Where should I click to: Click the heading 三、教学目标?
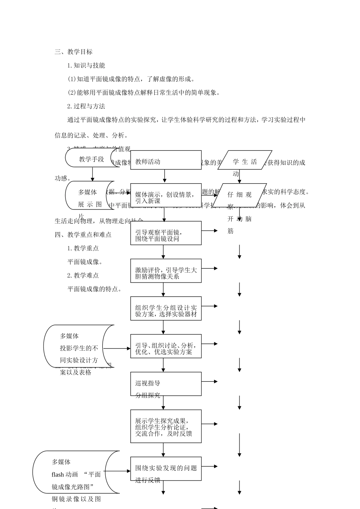pyautogui.click(x=74, y=52)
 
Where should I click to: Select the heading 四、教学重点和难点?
pyautogui.click(x=83, y=235)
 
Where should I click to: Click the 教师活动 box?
pyautogui.click(x=166, y=160)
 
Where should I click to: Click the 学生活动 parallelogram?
pyautogui.click(x=245, y=160)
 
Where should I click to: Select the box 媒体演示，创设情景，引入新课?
pyautogui.click(x=166, y=195)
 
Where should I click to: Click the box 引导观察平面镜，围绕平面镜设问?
pyautogui.click(x=166, y=233)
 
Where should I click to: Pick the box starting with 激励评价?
pyautogui.click(x=166, y=271)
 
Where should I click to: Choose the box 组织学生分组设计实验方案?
pyautogui.click(x=166, y=309)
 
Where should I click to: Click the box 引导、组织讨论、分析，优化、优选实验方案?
pyautogui.click(x=166, y=346)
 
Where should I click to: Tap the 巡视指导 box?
pyautogui.click(x=166, y=384)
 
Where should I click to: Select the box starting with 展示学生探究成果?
pyautogui.click(x=166, y=426)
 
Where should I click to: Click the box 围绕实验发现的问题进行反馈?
pyautogui.click(x=166, y=468)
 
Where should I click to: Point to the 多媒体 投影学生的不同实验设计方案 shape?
pyautogui.click(x=78, y=347)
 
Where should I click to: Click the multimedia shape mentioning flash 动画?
pyautogui.click(x=76, y=472)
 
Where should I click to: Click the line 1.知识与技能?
pyautogui.click(x=86, y=66)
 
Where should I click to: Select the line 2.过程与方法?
pyautogui.click(x=86, y=106)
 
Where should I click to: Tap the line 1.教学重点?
pyautogui.click(x=83, y=248)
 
